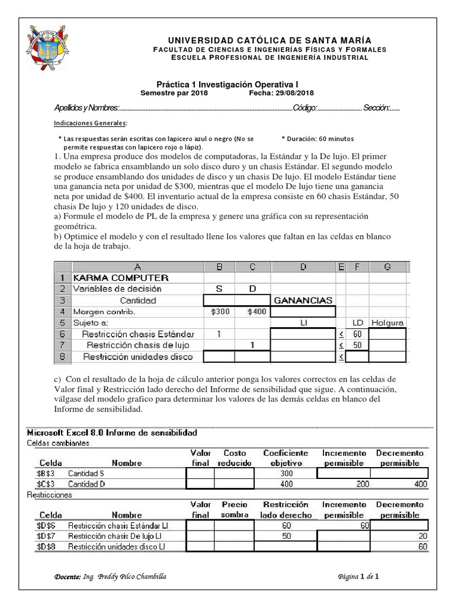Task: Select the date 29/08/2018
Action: (293, 93)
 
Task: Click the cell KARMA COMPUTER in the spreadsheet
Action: (120, 277)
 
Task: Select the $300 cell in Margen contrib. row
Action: (219, 311)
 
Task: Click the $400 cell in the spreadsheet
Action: (252, 311)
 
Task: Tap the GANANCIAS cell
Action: (303, 300)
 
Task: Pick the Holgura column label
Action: (387, 322)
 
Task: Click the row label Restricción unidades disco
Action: (137, 356)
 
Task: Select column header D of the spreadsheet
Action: (303, 267)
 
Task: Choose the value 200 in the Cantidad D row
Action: (361, 484)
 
